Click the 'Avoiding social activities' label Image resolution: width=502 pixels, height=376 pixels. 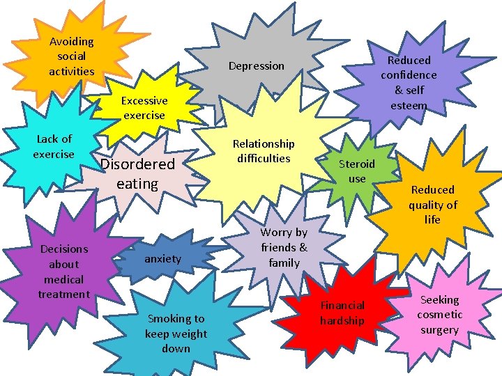pyautogui.click(x=71, y=56)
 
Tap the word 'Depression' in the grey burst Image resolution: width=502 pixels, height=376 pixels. pyautogui.click(x=257, y=66)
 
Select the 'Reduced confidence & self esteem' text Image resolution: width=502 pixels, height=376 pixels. pyautogui.click(x=409, y=83)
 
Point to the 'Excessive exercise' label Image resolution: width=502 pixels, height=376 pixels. pyautogui.click(x=144, y=108)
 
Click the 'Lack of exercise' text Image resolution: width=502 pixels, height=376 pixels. pyautogui.click(x=54, y=147)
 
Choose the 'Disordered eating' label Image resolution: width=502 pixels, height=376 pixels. pyautogui.click(x=137, y=174)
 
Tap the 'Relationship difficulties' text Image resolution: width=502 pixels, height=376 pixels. pyautogui.click(x=264, y=151)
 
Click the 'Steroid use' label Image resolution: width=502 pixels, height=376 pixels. pyautogui.click(x=356, y=171)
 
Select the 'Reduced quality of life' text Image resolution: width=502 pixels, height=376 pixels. pyautogui.click(x=432, y=205)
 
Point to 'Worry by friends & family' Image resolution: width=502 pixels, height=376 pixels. pyautogui.click(x=284, y=248)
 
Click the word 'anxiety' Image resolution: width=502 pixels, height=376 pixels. pyautogui.click(x=162, y=259)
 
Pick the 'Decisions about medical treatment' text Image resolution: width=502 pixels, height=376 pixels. pyautogui.click(x=63, y=272)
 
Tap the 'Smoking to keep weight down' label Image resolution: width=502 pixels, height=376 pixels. pyautogui.click(x=176, y=334)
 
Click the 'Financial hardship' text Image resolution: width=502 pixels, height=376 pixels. pyautogui.click(x=342, y=313)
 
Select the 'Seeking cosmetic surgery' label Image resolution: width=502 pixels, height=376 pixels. pyautogui.click(x=439, y=315)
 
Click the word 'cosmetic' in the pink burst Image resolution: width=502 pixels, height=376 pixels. pyautogui.click(x=439, y=315)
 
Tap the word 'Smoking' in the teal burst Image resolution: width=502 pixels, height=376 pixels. pyautogui.click(x=176, y=319)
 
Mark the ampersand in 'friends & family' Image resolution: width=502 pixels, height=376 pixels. pyautogui.click(x=303, y=248)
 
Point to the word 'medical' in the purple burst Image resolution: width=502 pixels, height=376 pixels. pyautogui.click(x=63, y=279)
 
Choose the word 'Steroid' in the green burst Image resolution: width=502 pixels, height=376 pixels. pyautogui.click(x=356, y=164)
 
